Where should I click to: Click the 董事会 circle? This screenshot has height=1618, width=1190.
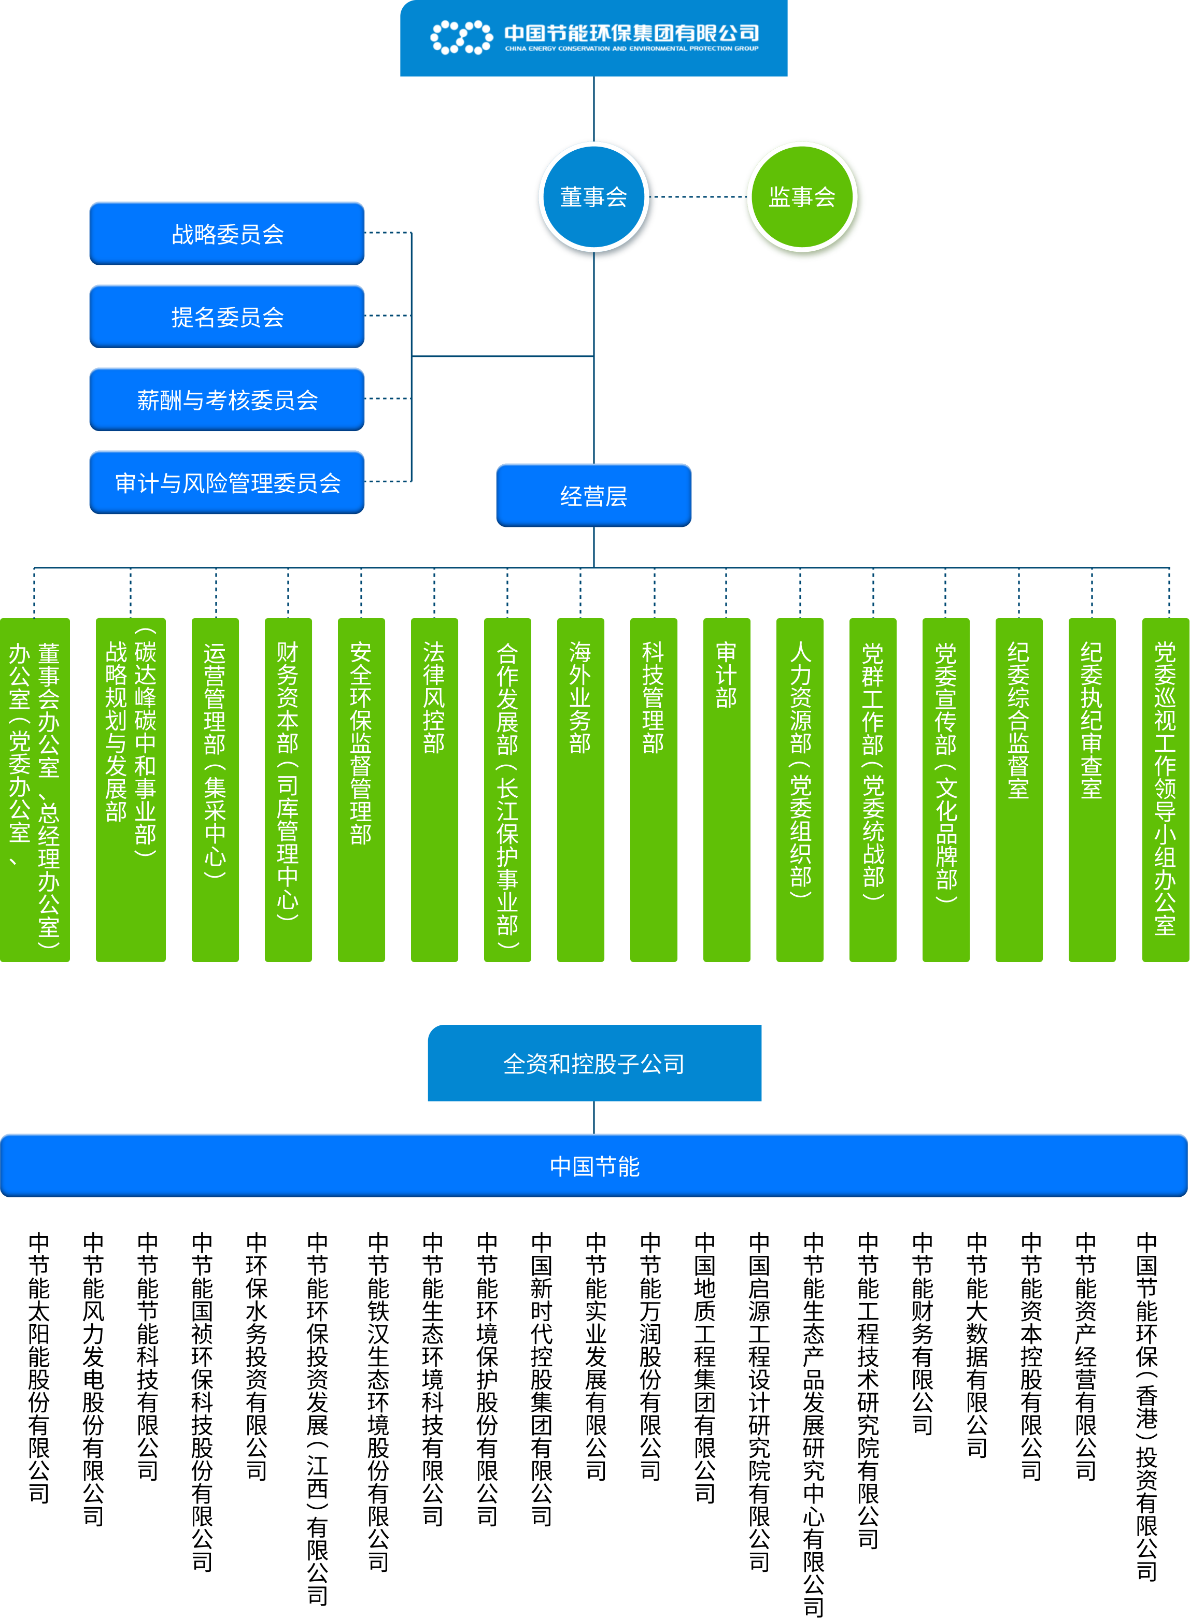coord(593,196)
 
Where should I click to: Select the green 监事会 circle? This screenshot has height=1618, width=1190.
coord(802,196)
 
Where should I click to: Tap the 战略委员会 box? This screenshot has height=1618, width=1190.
coord(227,233)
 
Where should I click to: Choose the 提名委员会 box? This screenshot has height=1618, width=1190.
coord(227,316)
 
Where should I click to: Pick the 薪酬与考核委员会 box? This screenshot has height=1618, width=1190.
coord(227,399)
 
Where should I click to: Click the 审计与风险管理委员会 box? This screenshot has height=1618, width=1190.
coord(227,482)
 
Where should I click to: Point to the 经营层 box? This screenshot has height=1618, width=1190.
coord(593,495)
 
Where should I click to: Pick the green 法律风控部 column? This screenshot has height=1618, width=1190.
coord(434,789)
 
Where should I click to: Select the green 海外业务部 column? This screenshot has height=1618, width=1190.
coord(580,789)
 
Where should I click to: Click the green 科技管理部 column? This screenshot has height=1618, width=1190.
coord(654,789)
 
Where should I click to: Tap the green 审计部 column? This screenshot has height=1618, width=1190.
coord(727,789)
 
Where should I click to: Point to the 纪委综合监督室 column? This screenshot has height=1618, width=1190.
coord(1018,789)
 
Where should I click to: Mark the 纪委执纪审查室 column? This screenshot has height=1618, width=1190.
coord(1092,789)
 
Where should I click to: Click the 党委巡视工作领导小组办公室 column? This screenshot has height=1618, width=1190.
coord(1166,789)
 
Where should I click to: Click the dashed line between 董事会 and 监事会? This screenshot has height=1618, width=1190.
coord(697,196)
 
